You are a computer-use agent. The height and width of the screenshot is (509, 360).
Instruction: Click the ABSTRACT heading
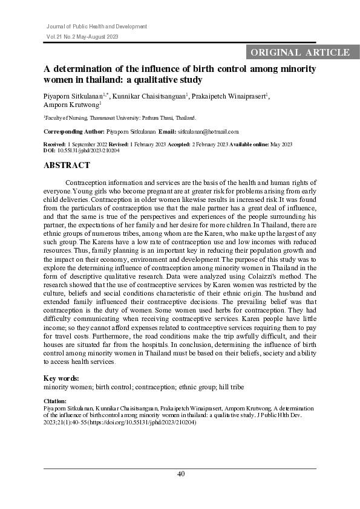(x=67, y=165)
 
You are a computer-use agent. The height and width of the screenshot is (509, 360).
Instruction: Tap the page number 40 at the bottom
(x=180, y=474)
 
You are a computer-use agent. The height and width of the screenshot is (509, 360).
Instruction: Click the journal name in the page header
(x=97, y=27)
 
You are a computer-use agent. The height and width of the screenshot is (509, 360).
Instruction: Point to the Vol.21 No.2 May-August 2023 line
(x=82, y=37)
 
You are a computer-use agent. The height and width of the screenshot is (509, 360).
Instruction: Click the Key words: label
(x=62, y=378)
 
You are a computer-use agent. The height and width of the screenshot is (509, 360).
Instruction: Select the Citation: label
(x=55, y=401)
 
